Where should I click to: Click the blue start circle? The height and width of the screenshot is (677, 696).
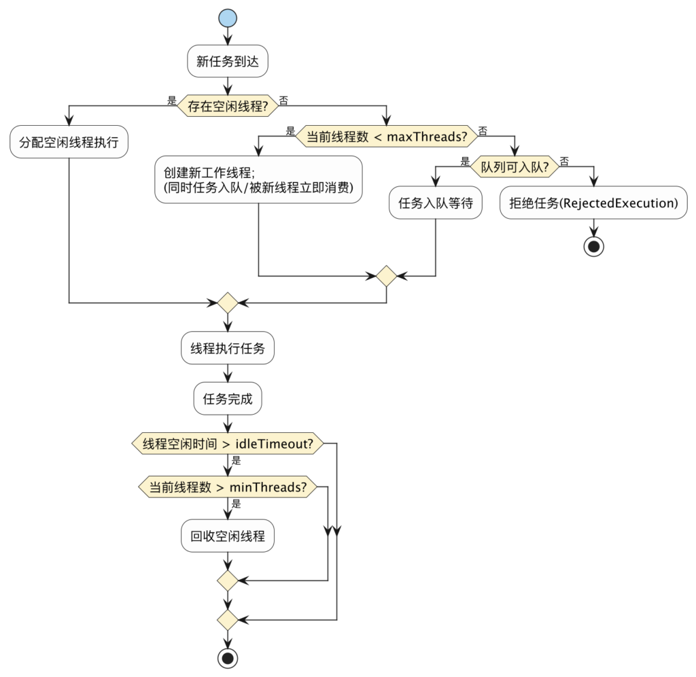coord(227,18)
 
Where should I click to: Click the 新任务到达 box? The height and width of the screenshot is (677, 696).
coord(227,62)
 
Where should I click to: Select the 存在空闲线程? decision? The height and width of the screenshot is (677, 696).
coord(227,105)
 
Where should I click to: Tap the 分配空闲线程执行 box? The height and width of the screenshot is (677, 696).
coord(69,143)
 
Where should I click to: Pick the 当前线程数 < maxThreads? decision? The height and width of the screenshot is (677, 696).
coord(387,136)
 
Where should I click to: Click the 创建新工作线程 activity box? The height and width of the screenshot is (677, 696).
coord(258,179)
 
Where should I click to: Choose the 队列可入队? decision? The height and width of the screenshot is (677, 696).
coord(514,164)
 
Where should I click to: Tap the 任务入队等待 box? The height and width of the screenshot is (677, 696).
coord(435,203)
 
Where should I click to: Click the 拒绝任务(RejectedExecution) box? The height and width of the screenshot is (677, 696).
coord(593,203)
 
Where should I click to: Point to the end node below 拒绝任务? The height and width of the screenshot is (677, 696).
coord(593,246)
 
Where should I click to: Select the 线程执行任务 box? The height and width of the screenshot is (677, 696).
coord(227,349)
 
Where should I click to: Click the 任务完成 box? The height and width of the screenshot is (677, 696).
coord(227,398)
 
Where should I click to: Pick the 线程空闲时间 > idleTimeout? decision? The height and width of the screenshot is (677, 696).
coord(227,444)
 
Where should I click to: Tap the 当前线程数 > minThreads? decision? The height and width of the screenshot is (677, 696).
coord(227,487)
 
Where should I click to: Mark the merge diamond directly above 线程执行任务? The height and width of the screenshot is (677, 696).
coord(227,302)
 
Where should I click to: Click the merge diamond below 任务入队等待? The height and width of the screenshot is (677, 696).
coord(387,276)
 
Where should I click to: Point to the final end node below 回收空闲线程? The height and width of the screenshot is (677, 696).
coord(227,657)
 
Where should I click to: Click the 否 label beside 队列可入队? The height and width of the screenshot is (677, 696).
coord(564,161)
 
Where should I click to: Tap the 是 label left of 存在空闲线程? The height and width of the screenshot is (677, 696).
coord(171,100)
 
